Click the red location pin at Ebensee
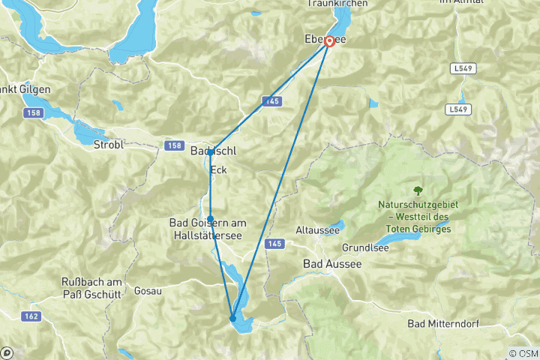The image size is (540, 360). tap(328, 42)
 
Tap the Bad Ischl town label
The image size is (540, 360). tap(214, 151)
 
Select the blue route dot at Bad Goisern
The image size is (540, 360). tap(211, 219)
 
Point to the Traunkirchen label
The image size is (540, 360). tap(337, 4)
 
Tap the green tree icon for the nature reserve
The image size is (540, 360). tap(418, 190)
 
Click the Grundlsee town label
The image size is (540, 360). tap(365, 247)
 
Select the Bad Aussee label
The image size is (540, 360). tap(331, 264)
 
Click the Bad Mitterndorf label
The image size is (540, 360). tap(442, 324)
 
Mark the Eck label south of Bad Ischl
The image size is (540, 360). tap(218, 170)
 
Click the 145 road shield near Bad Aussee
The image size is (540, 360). tap(274, 244)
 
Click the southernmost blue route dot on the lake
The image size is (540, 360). tap(232, 319)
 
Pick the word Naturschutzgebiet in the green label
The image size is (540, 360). tap(429, 205)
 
